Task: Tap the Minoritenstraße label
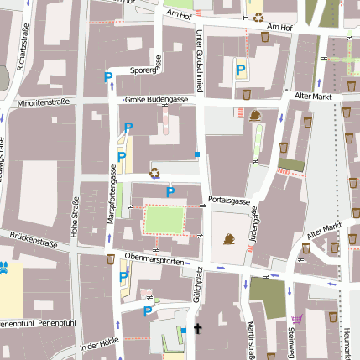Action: (44, 103)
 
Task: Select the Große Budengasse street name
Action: (155, 98)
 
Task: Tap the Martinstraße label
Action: (251, 340)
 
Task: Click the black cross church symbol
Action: (198, 329)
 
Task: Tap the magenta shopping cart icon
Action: (295, 318)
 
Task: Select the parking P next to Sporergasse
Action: (107, 77)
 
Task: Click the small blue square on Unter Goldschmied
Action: (197, 154)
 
